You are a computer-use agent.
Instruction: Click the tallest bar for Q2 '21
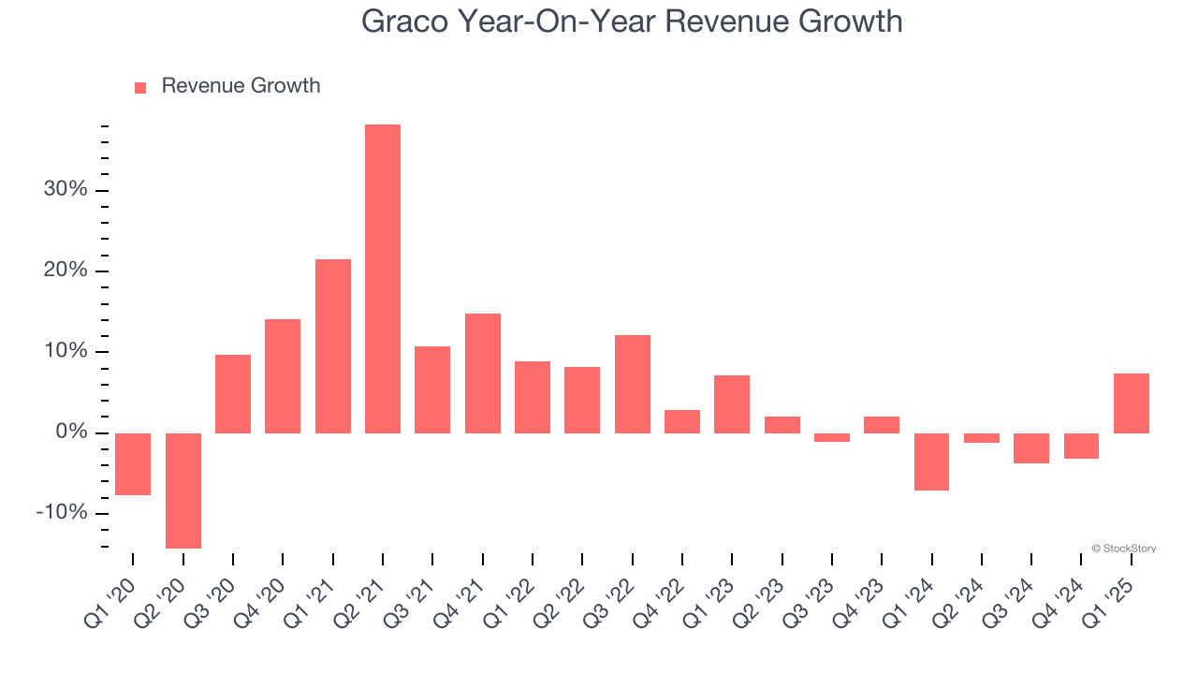click(383, 279)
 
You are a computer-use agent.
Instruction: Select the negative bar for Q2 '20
click(183, 491)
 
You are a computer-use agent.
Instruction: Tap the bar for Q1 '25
click(1132, 403)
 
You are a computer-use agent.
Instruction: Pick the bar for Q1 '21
click(333, 346)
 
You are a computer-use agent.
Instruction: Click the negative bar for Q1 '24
click(932, 462)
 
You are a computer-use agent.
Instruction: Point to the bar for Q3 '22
click(633, 384)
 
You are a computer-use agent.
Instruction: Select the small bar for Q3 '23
click(832, 437)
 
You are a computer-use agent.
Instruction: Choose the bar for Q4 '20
click(283, 376)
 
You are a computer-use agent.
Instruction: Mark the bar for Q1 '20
click(133, 464)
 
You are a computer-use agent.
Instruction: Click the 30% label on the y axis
click(66, 190)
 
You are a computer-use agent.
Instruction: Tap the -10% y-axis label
click(62, 513)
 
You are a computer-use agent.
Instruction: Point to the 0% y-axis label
click(71, 432)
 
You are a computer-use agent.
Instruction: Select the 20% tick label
click(66, 271)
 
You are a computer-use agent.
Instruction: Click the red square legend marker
click(140, 87)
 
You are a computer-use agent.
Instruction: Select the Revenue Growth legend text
click(241, 86)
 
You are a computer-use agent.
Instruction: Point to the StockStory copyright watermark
click(1123, 549)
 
